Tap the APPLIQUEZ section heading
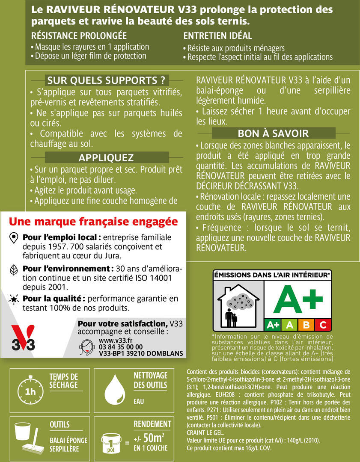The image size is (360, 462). (x=106, y=158)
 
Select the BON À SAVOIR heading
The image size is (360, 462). (x=273, y=133)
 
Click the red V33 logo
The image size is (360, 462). (x=23, y=338)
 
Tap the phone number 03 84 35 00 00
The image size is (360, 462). (x=120, y=347)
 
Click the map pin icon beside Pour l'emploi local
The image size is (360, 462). (x=14, y=237)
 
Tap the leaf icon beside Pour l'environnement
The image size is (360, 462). (x=14, y=269)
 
